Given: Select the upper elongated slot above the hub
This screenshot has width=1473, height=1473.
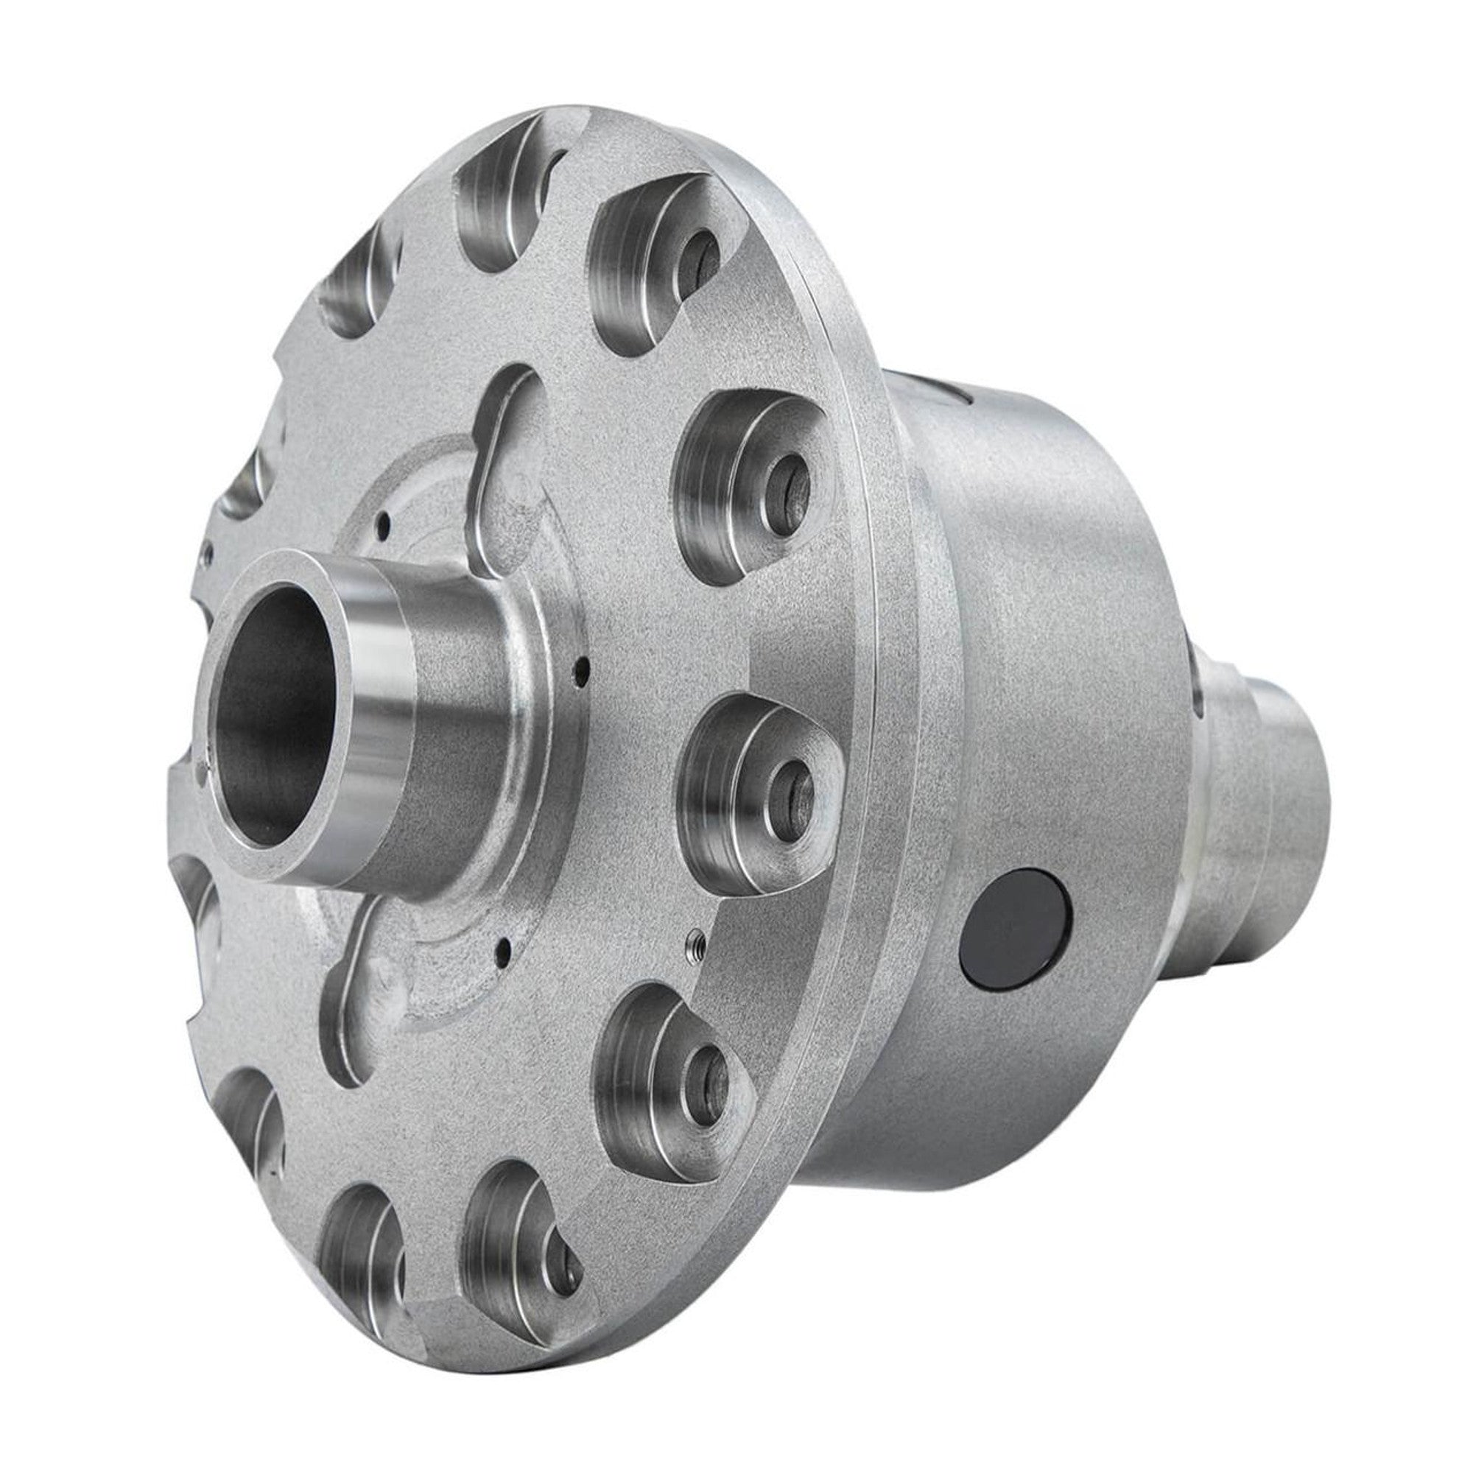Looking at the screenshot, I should click(503, 450).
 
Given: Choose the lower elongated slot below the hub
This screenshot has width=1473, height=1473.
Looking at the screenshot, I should click(359, 1030).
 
